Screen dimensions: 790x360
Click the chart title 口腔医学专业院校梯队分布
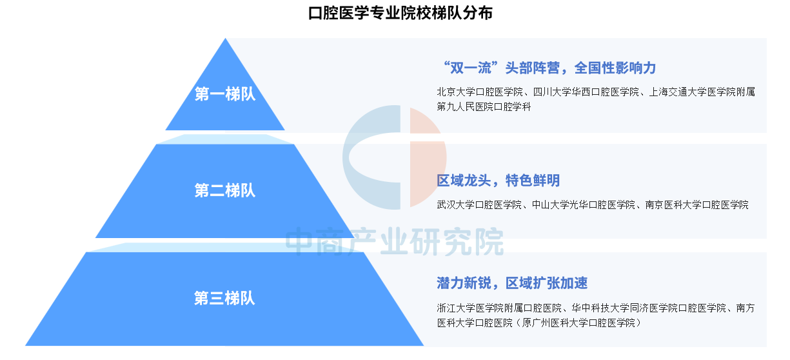tap(400, 13)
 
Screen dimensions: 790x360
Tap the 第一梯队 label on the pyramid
tap(225, 94)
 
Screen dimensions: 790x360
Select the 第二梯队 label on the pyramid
tap(225, 190)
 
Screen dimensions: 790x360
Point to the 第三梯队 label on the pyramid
tap(224, 298)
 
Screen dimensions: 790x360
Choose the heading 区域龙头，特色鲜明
tap(499, 181)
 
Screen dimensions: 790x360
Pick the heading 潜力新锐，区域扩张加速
tap(512, 283)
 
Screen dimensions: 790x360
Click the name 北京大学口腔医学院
tap(480, 92)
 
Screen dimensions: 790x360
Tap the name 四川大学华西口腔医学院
tap(586, 92)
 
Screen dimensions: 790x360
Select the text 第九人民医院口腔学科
tap(484, 106)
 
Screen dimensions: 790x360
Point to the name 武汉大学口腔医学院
tap(479, 205)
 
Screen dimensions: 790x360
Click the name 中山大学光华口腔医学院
tap(584, 205)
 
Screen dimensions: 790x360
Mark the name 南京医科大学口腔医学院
tap(696, 205)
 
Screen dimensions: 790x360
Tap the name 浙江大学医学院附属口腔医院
tap(499, 308)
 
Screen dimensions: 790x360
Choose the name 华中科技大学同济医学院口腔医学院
tap(649, 308)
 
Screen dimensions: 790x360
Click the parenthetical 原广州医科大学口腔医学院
tap(578, 323)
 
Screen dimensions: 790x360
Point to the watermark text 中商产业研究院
tap(394, 241)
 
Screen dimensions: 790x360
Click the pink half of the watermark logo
tap(427, 157)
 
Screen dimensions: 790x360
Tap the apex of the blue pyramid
tap(225, 39)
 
